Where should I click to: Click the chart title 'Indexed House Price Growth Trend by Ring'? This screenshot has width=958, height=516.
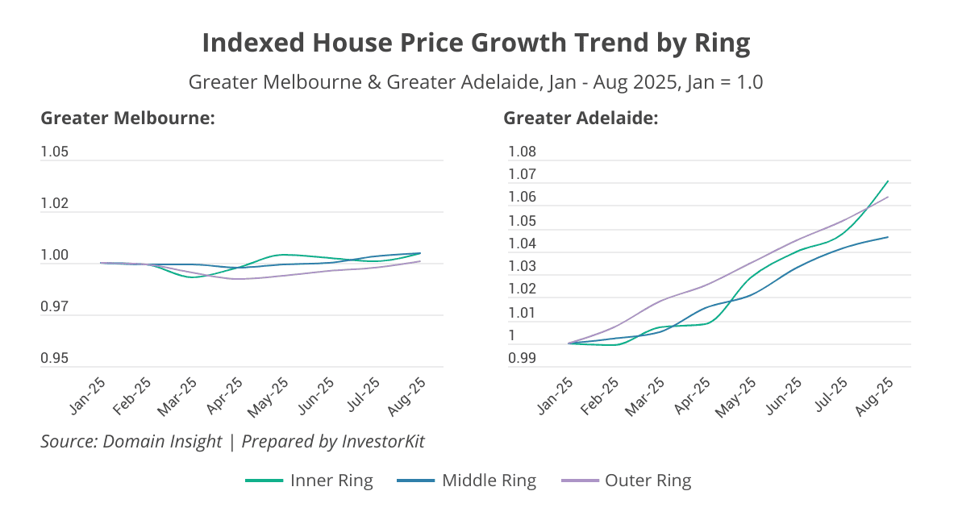tap(476, 43)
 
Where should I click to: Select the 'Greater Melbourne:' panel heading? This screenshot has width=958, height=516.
tap(127, 119)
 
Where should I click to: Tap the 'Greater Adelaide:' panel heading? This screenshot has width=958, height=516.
tap(581, 119)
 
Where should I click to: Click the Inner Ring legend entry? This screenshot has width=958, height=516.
tap(309, 481)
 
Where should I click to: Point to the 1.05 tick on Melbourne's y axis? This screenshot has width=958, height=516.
tap(55, 152)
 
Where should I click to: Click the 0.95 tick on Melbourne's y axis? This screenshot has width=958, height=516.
tap(55, 359)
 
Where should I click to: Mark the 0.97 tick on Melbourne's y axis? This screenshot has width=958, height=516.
tap(55, 307)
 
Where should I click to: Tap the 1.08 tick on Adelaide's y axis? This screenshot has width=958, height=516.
tap(521, 152)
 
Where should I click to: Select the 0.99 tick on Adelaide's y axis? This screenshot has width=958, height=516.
tap(521, 358)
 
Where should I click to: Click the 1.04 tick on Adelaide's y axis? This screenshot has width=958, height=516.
tap(521, 243)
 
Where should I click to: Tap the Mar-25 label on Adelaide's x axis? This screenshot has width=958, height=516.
tap(646, 396)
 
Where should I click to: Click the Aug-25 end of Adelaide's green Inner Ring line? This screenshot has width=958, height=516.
tap(888, 181)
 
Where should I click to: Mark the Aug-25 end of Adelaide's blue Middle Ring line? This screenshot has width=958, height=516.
tap(888, 237)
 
